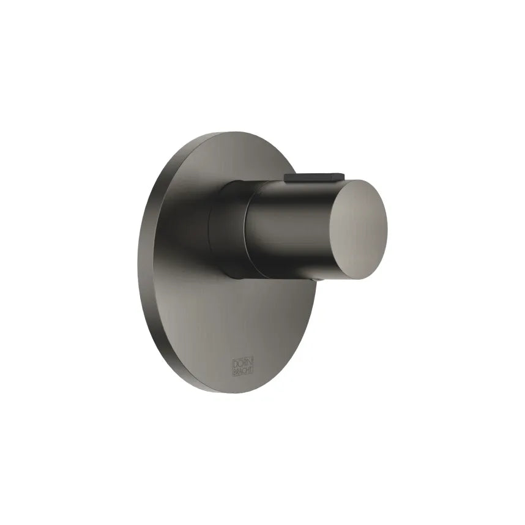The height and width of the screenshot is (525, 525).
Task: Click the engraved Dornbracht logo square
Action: click(x=240, y=365)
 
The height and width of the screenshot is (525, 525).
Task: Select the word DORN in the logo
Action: click(x=240, y=361)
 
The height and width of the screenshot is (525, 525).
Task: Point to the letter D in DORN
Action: click(x=234, y=361)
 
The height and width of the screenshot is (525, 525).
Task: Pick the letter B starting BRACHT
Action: click(x=234, y=370)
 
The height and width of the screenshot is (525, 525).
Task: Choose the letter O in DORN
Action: click(x=238, y=361)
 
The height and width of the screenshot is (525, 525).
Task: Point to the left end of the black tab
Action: click(x=286, y=177)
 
